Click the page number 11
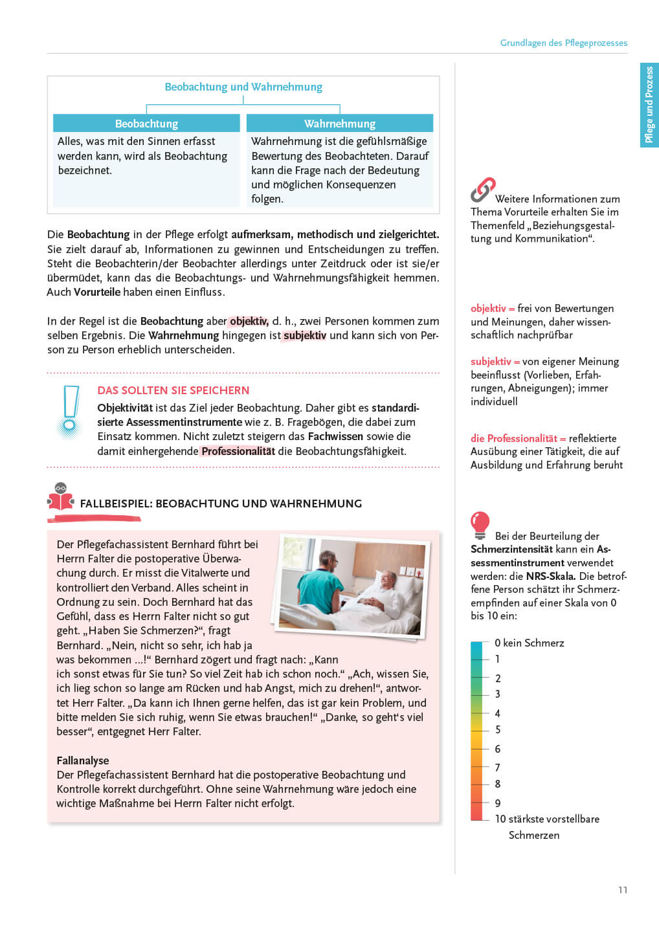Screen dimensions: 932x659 (623, 890)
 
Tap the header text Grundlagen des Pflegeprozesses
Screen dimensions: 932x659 (563, 43)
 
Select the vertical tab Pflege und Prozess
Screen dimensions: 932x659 (649, 105)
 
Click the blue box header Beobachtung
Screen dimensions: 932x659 (146, 124)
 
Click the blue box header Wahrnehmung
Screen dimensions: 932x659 (340, 124)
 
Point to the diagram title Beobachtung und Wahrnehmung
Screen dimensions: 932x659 (243, 87)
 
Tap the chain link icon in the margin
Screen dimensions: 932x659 (483, 190)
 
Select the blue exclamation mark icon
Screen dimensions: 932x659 (70, 412)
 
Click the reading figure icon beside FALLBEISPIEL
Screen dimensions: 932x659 (61, 497)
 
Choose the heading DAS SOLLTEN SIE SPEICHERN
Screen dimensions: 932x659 (173, 390)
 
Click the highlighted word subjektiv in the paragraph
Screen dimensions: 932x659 (304, 335)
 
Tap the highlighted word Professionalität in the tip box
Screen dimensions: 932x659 (238, 451)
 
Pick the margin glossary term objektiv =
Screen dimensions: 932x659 (493, 309)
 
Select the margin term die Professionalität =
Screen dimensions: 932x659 (518, 438)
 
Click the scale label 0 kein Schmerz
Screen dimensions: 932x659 (530, 643)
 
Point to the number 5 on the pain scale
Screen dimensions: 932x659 (498, 729)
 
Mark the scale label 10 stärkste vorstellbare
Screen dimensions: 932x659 (547, 819)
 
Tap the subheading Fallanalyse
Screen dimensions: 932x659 (83, 760)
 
